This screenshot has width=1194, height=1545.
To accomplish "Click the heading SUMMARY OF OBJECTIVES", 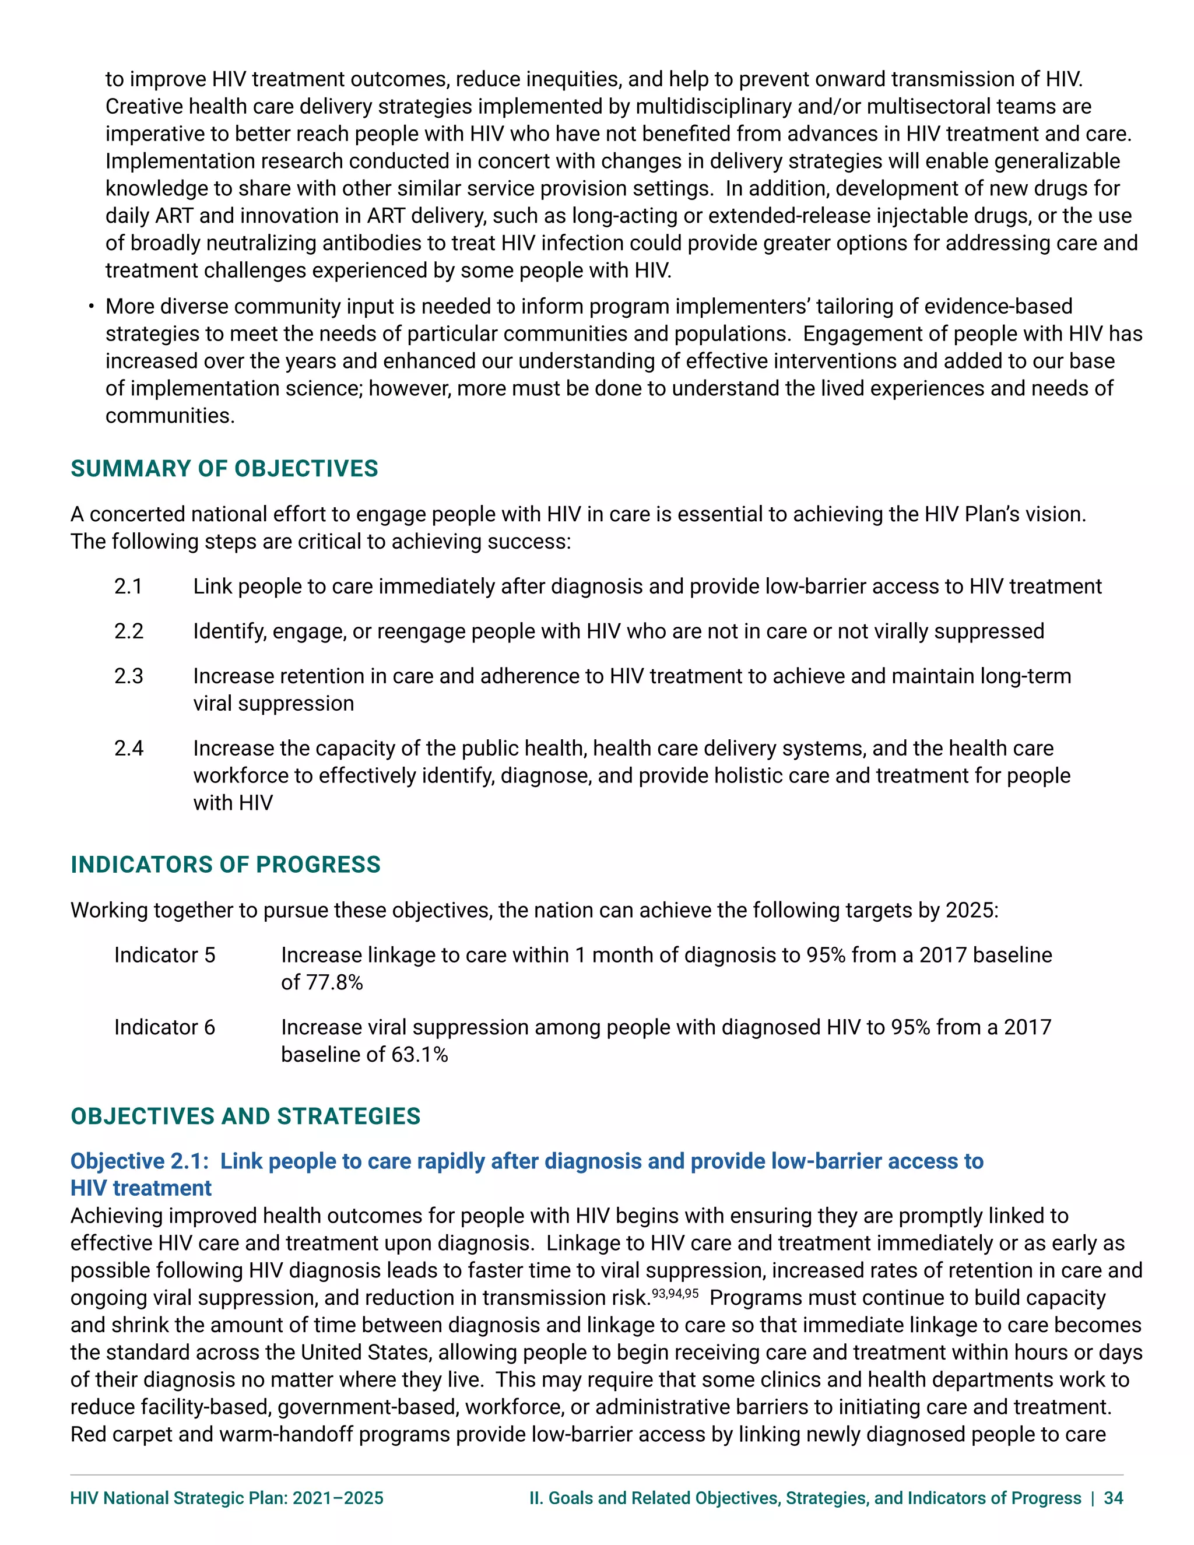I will (224, 468).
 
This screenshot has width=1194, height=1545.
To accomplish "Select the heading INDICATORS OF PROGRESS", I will (225, 865).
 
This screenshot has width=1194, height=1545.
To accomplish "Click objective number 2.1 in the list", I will (128, 587).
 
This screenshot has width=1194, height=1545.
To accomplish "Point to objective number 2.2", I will (129, 631).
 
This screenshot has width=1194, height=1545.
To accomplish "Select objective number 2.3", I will (129, 676).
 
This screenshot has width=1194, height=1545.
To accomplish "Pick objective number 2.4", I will (129, 749).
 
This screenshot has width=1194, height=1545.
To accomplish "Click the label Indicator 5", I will (164, 955).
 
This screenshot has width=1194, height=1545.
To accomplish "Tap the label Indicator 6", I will (164, 1027).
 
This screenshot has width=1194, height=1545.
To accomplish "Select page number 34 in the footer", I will (1114, 1498).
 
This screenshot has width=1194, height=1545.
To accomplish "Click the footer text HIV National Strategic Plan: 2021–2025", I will (226, 1498).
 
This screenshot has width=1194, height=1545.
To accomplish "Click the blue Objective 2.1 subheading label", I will (139, 1161).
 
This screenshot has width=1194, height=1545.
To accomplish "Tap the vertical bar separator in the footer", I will (1093, 1498).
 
